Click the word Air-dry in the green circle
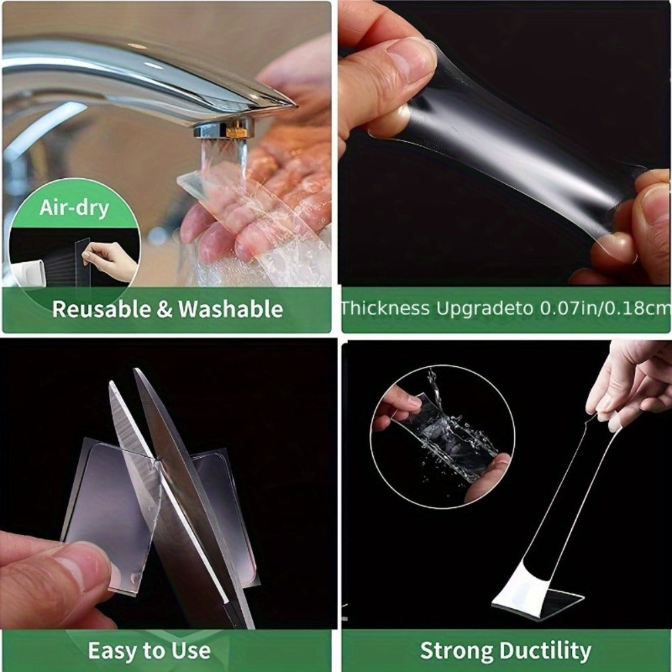[74, 209]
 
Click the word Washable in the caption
[230, 309]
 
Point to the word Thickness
[385, 308]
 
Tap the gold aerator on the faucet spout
[237, 128]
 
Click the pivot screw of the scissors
[157, 463]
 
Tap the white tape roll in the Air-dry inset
[27, 273]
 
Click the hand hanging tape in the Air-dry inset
[110, 261]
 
